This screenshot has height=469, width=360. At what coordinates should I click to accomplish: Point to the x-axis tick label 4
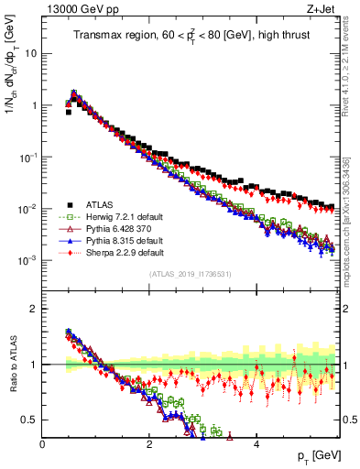pyautogui.click(x=256, y=442)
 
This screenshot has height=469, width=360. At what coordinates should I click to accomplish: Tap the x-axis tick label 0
pyautogui.click(x=42, y=442)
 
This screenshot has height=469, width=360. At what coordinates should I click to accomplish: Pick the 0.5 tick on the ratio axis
pyautogui.click(x=28, y=420)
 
